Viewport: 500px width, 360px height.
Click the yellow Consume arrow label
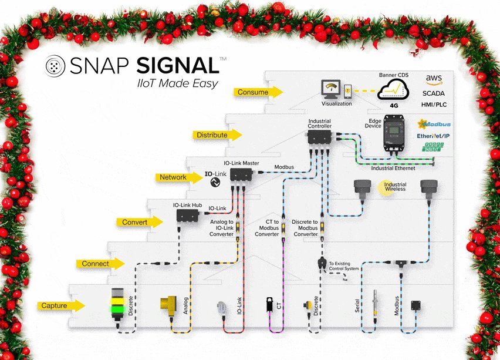pos(256,92)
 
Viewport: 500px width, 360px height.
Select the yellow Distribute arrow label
pos(215,135)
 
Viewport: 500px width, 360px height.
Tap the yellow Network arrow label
pos(176,177)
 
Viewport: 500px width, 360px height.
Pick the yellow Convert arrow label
pos(138,222)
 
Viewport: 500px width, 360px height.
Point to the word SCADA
pos(434,93)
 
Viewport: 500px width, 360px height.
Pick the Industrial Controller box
pos(320,137)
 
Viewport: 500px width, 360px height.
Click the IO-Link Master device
pos(241,174)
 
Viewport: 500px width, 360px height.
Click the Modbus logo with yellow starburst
pos(433,124)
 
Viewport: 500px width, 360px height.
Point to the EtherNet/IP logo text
pos(433,136)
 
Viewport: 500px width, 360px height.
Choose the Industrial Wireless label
pos(395,187)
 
